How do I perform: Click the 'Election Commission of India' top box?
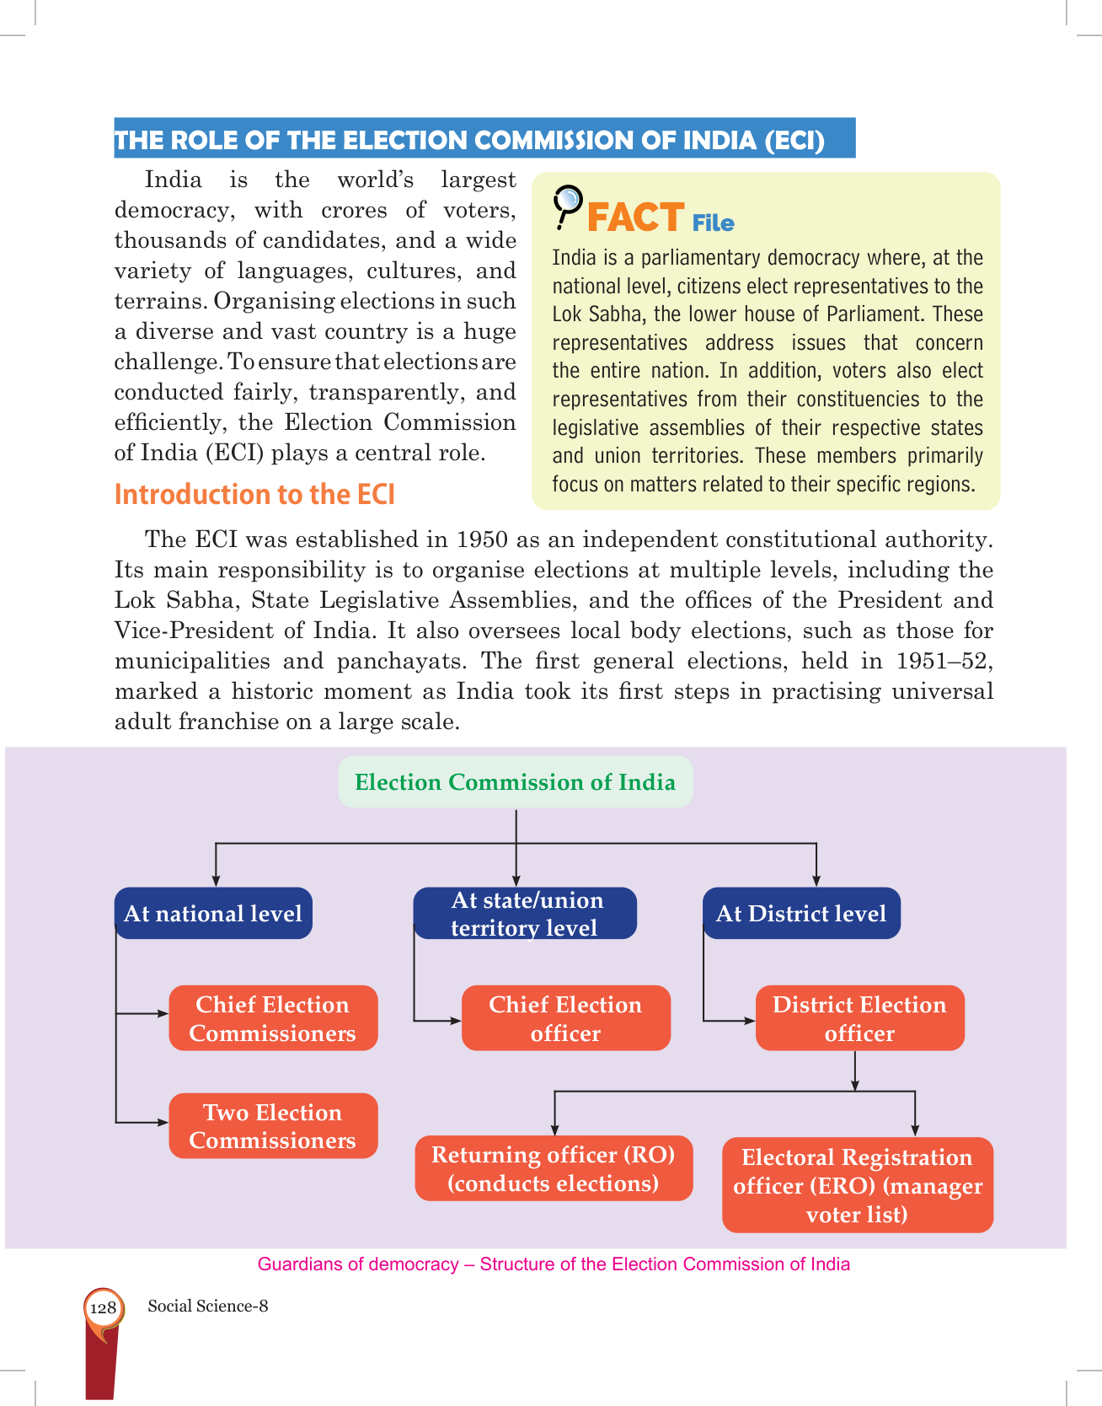[515, 782]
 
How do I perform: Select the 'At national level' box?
[213, 914]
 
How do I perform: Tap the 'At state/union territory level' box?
[525, 914]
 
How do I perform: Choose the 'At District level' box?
[801, 914]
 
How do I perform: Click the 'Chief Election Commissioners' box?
[273, 1018]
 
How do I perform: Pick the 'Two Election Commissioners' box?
[273, 1126]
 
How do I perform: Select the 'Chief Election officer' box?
[565, 1018]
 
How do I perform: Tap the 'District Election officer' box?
[859, 1018]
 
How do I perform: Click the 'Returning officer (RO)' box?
[554, 1168]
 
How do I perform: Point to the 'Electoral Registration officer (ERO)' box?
[858, 1185]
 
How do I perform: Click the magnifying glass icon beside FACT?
[567, 205]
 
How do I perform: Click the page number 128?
[103, 1307]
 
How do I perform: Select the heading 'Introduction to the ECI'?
[254, 495]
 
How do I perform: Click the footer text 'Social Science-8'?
[208, 1307]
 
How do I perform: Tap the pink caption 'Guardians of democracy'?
[358, 1264]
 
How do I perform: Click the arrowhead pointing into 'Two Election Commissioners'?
[163, 1123]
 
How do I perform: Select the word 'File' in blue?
[713, 223]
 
